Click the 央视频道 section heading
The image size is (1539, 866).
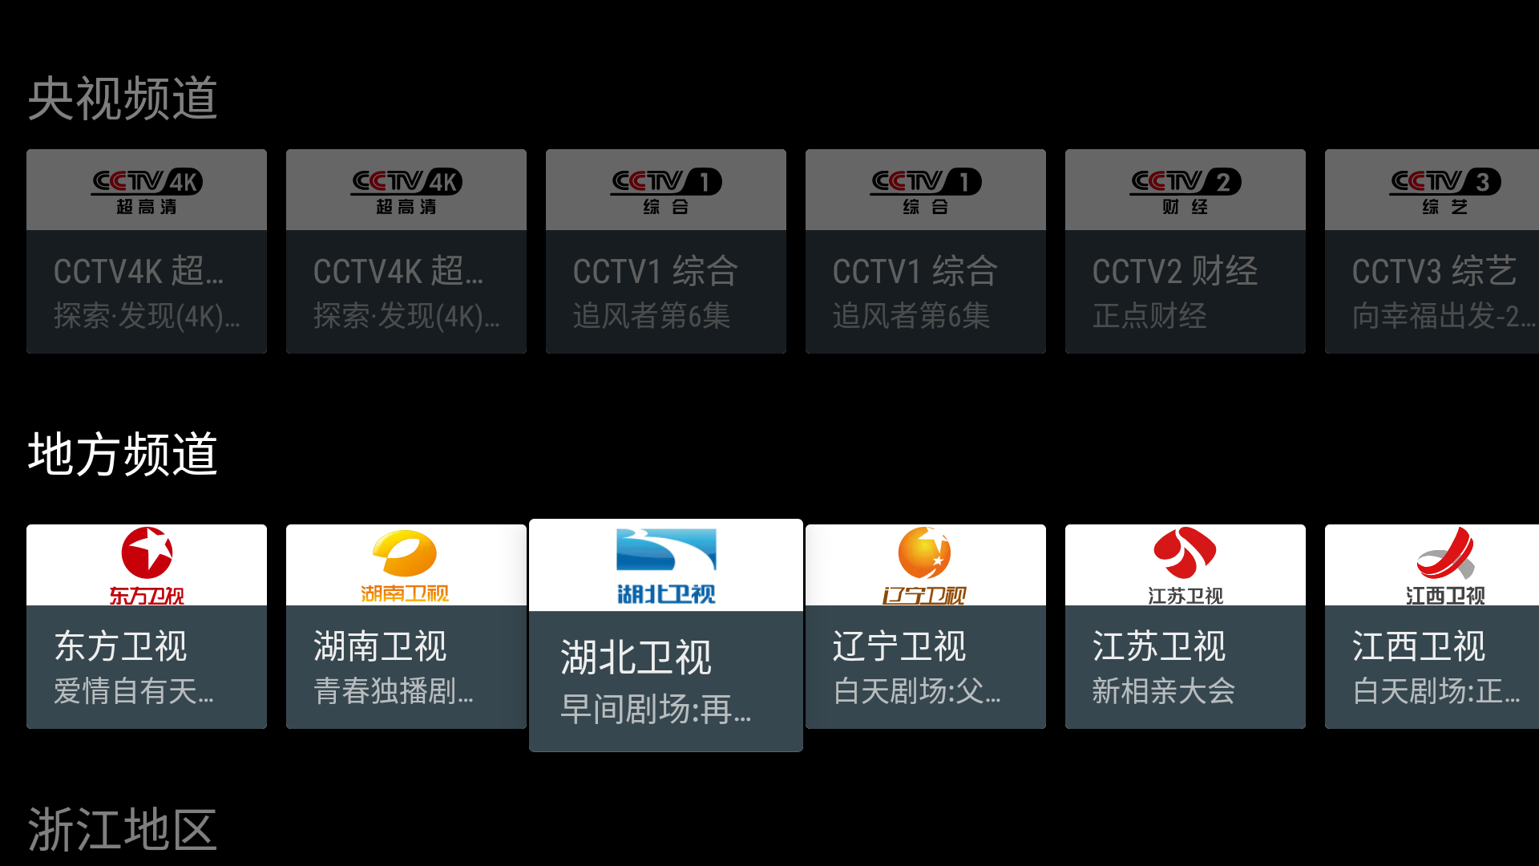[123, 99]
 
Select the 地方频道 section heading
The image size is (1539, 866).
[123, 455]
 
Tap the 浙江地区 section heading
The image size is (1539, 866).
[123, 829]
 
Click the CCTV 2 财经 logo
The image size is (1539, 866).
[1185, 190]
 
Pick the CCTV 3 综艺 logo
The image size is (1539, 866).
[1444, 190]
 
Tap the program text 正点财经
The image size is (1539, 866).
[1149, 316]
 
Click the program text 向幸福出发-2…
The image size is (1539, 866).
[1443, 316]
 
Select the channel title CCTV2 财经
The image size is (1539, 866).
[1174, 272]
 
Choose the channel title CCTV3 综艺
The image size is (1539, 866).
[1434, 272]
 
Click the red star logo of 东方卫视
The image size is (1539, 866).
[147, 553]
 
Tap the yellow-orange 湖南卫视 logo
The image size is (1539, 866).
[405, 554]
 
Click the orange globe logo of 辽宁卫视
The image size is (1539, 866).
[924, 552]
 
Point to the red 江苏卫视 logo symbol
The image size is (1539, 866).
[1185, 552]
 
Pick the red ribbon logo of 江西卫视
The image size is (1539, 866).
[1445, 552]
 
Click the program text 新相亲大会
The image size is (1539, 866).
[1163, 690]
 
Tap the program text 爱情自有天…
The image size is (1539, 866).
[134, 690]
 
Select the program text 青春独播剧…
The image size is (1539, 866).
[394, 690]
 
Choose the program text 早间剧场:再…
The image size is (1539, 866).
[656, 709]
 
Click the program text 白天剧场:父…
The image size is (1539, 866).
[917, 690]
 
